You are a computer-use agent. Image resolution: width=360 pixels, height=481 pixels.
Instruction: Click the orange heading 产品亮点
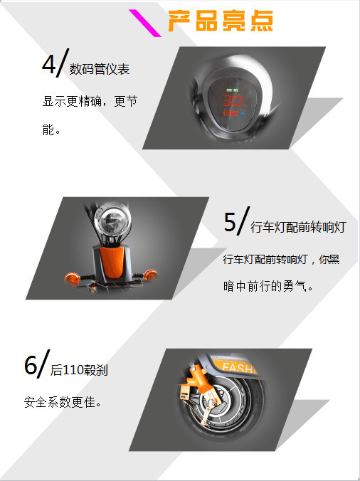tap(220, 21)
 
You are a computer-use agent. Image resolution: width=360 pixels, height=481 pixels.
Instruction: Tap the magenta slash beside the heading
tap(144, 23)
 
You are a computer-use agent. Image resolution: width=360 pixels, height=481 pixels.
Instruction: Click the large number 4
tap(49, 64)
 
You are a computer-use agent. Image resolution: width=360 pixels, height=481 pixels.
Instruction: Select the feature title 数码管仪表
tap(100, 69)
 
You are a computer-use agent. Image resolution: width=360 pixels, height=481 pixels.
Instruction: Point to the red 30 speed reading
tap(233, 100)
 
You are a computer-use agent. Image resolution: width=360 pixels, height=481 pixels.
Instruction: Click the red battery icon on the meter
tap(231, 113)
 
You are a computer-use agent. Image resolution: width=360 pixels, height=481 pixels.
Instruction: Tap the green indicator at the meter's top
tap(232, 90)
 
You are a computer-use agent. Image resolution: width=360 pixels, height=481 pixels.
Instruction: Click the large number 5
tap(230, 222)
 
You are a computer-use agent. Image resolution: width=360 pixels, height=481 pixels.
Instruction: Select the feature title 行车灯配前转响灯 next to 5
tap(298, 227)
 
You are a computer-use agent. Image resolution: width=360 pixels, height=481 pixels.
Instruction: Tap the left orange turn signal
tap(72, 278)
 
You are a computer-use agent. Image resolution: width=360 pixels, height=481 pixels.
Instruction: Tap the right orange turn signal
tap(150, 275)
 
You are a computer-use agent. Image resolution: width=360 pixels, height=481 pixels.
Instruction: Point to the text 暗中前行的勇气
tap(265, 286)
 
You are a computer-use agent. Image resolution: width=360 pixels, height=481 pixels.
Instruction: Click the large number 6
tap(31, 365)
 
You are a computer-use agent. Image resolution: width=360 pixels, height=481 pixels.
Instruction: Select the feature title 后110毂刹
tap(79, 370)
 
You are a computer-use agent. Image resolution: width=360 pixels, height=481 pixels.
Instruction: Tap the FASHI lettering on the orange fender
tap(239, 367)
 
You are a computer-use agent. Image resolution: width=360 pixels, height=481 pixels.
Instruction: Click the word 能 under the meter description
tap(48, 129)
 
